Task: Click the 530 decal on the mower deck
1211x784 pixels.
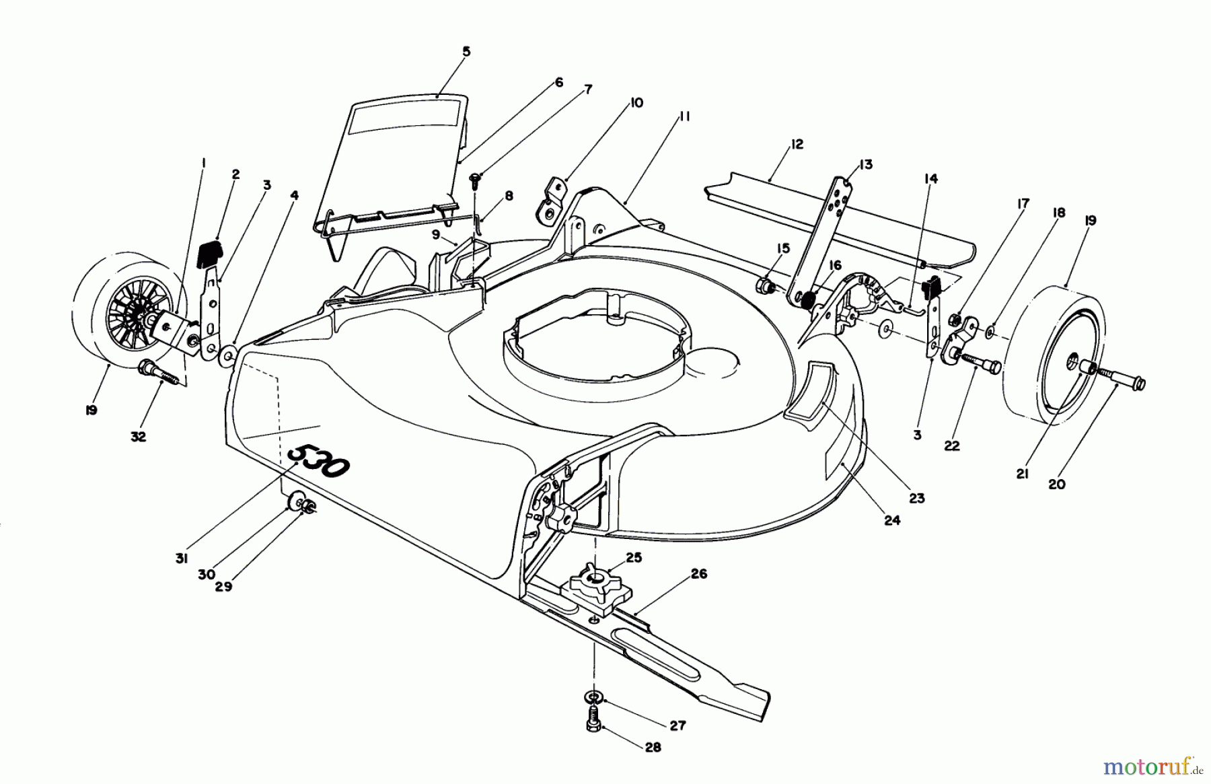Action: (x=320, y=461)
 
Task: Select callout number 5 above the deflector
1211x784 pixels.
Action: (x=467, y=52)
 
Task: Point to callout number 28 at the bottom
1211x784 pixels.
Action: (x=652, y=747)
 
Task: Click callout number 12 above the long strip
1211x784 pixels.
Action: (x=797, y=145)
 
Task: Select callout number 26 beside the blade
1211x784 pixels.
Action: (x=699, y=574)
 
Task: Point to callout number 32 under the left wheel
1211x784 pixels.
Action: (x=138, y=437)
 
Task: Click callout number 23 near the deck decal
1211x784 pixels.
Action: (x=917, y=499)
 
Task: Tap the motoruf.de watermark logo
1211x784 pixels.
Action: (x=1151, y=766)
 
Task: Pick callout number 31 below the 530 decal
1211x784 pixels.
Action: (x=181, y=559)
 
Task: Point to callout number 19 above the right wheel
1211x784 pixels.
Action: (x=1091, y=221)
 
